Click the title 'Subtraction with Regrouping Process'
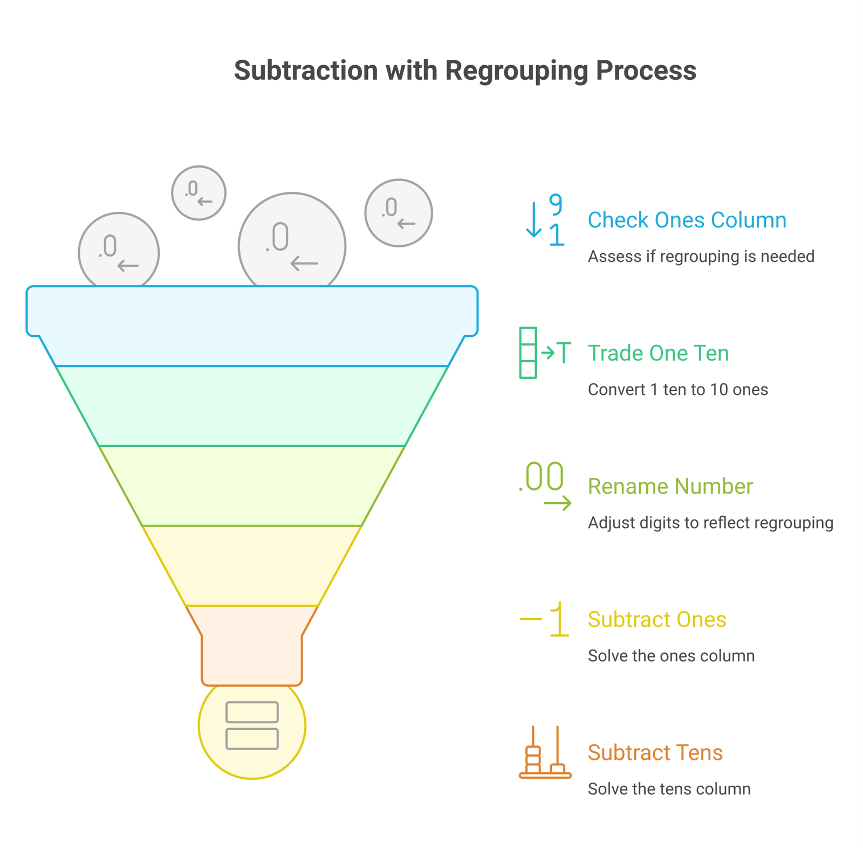click(x=465, y=71)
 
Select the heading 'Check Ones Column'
click(x=687, y=220)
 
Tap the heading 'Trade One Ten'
click(x=658, y=353)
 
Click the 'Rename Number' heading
click(x=670, y=486)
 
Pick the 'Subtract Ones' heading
click(x=656, y=619)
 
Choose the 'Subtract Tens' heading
click(x=655, y=752)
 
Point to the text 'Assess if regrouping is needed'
click(x=701, y=256)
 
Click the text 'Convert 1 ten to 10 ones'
click(x=677, y=389)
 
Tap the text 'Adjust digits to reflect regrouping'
click(x=710, y=522)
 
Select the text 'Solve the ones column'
click(x=671, y=655)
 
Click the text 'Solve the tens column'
click(x=669, y=788)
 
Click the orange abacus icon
click(x=545, y=752)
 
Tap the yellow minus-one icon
click(x=545, y=619)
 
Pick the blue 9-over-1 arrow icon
click(x=545, y=220)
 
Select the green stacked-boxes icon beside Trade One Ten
click(x=529, y=353)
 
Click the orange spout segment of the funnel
click(x=252, y=647)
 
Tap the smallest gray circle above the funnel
click(x=198, y=192)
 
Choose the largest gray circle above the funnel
click(x=292, y=243)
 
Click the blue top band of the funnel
click(x=252, y=318)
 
